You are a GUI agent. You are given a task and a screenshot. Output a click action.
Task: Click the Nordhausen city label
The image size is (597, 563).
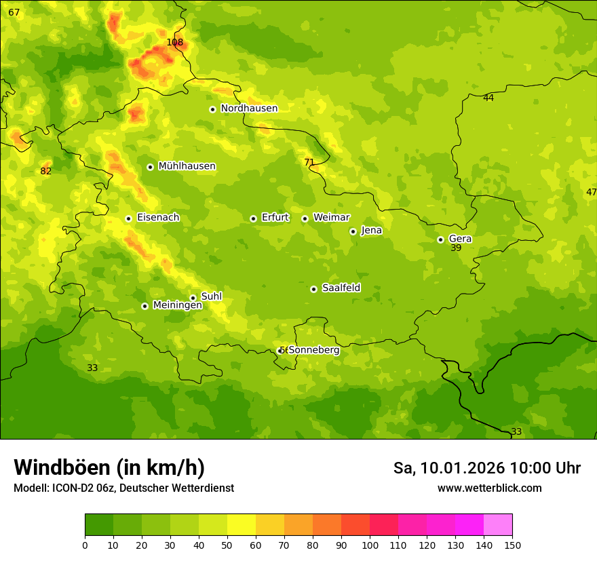coord(249,109)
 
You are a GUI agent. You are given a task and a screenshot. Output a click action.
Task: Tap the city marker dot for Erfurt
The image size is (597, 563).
coord(253,218)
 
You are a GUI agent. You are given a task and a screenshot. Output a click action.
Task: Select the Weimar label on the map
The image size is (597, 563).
coord(331,218)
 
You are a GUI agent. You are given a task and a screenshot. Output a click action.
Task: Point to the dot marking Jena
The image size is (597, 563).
coord(353,231)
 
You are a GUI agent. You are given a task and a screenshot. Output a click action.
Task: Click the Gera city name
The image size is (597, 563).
coord(460,239)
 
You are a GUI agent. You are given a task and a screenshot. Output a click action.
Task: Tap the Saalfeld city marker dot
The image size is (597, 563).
coord(313,289)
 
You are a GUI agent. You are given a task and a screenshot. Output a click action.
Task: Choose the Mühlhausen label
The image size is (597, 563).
coord(187,166)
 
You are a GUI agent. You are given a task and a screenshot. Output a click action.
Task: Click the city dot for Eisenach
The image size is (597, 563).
coord(128,218)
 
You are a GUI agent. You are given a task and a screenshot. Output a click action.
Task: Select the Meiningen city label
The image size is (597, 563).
coord(177,305)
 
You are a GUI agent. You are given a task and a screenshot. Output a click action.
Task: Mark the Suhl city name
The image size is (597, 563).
coord(211,296)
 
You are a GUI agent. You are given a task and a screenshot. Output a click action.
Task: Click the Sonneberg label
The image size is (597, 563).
coord(313,350)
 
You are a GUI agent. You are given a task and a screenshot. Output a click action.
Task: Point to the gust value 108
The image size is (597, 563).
coord(175,43)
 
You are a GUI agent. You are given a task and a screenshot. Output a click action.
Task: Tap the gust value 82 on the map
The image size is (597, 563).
coord(45,172)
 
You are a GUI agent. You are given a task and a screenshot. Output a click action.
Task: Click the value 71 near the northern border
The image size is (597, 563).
coord(309,162)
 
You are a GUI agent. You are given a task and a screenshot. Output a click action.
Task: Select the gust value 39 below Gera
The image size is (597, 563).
coord(456,248)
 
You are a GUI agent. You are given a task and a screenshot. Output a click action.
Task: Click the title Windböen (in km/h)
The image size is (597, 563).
coord(109,468)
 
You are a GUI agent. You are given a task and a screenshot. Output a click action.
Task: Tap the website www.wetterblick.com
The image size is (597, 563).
coord(489,488)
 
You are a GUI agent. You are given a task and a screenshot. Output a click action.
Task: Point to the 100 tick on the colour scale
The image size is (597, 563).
coord(370,545)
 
